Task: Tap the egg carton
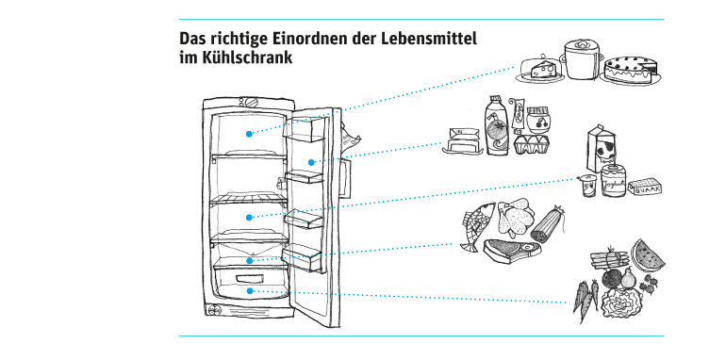[534, 144]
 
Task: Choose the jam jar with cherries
[538, 122]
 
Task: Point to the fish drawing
[478, 227]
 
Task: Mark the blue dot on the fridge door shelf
[309, 162]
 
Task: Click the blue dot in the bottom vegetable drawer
[249, 291]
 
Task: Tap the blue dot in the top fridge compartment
[249, 134]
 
